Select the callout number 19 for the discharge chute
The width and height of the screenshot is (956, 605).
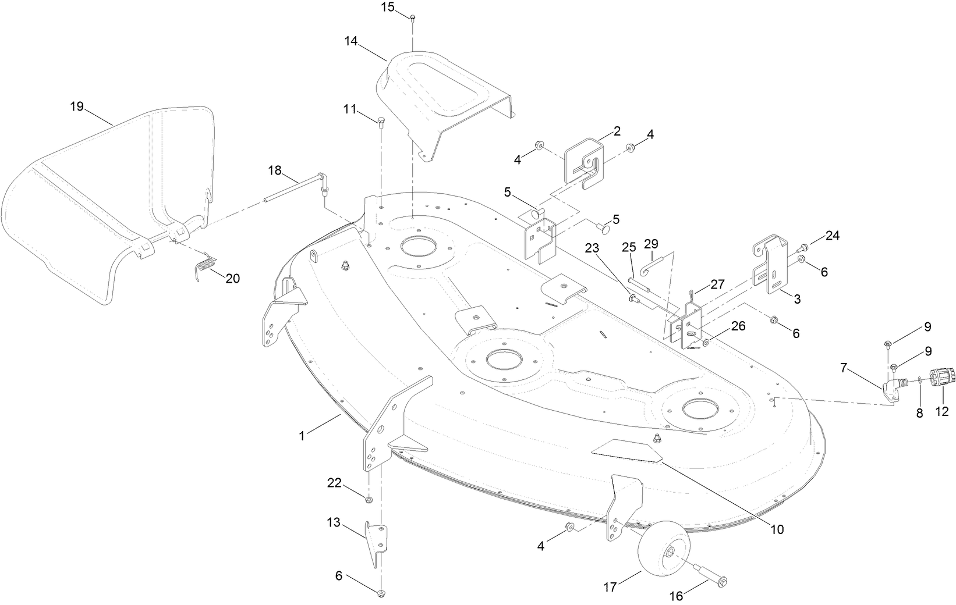pos(77,106)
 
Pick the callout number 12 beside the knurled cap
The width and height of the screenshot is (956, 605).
pos(942,412)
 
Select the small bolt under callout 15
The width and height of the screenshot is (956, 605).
pos(412,17)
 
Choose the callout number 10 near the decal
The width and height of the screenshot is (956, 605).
pos(777,529)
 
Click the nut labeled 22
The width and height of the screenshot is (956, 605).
pos(369,499)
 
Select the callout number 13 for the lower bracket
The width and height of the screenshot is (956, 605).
pos(333,522)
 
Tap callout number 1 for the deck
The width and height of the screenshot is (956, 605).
pos(302,436)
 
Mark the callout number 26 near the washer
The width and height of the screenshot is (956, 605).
pos(738,326)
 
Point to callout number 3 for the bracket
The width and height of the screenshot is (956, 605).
pos(796,300)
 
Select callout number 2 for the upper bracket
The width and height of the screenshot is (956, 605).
pos(617,130)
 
